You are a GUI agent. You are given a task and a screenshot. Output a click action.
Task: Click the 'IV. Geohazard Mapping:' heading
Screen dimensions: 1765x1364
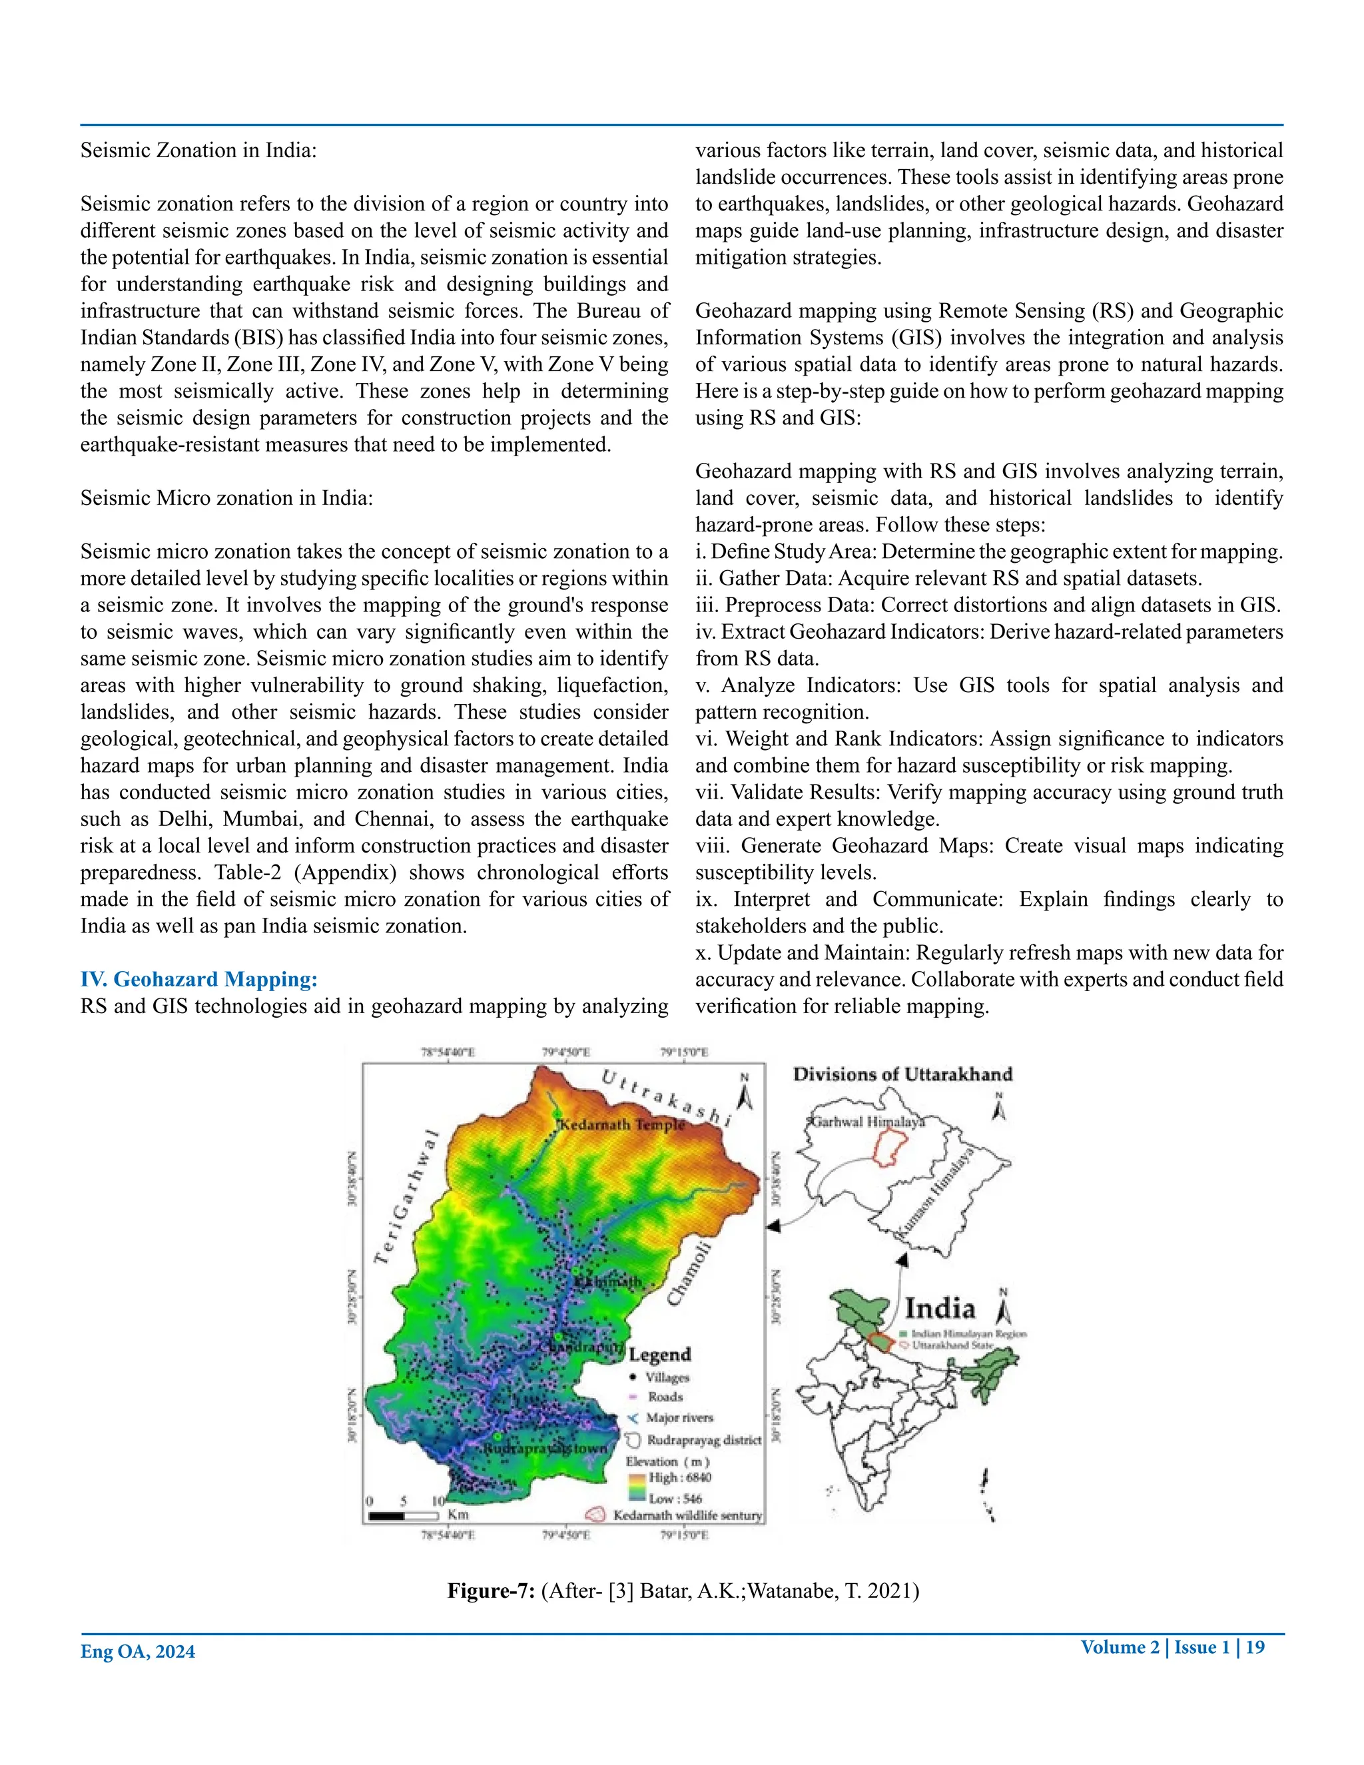198,980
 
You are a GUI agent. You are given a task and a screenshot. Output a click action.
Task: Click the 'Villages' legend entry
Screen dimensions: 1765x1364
667,1377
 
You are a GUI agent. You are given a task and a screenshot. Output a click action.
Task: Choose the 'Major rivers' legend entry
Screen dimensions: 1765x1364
679,1417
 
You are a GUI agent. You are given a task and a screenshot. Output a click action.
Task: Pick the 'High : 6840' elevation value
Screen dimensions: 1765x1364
679,1477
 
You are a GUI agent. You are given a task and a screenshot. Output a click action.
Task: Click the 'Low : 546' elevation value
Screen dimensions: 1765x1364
675,1499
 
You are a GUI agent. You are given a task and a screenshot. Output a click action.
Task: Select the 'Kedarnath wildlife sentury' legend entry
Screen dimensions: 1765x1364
687,1515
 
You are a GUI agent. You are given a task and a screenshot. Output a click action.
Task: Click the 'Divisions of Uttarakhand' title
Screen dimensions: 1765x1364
902,1074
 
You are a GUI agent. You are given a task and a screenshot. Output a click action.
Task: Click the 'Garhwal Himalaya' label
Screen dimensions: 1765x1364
867,1122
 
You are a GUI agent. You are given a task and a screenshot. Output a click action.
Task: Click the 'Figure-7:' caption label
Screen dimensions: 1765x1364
492,1591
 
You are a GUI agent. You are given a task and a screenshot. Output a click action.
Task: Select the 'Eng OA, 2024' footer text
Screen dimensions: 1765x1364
137,1652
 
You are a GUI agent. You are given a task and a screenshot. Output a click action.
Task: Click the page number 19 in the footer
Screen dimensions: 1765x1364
1255,1647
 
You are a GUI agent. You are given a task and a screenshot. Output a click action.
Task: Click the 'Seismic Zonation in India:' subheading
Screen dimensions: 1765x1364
198,151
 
